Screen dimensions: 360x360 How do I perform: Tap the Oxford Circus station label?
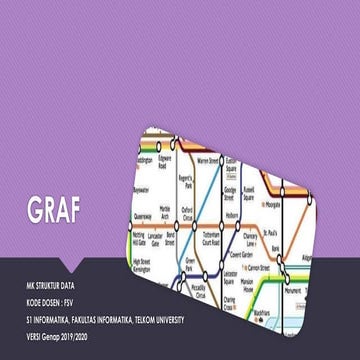click(185, 212)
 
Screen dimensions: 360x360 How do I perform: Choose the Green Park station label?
click(189, 266)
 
